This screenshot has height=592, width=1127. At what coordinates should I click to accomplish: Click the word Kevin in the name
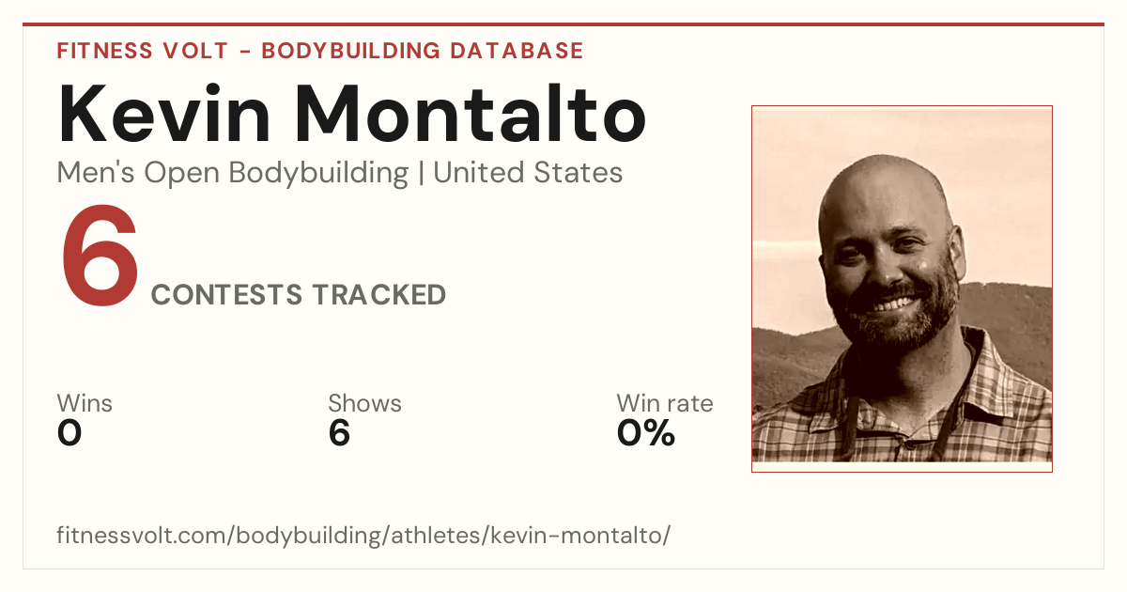point(164,115)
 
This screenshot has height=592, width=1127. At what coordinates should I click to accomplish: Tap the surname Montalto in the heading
point(471,114)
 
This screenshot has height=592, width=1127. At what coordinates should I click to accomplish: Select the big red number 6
point(100,256)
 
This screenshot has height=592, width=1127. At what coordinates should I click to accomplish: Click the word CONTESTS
point(226,294)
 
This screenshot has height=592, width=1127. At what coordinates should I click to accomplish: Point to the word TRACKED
point(378,294)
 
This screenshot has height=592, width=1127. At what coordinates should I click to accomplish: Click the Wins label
point(85,403)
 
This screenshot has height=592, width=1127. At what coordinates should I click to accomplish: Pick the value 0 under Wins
point(69,433)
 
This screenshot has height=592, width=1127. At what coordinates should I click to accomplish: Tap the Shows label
point(364,403)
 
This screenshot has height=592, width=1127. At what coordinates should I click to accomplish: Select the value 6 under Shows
point(339,433)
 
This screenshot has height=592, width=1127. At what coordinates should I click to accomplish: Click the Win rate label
point(665,403)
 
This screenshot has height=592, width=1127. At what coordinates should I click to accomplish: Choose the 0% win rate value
point(646,433)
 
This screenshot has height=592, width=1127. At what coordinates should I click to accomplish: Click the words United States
point(528,172)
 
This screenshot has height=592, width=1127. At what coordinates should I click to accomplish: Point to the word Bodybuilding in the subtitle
point(318,173)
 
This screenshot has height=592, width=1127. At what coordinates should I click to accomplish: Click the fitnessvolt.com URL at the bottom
point(363,535)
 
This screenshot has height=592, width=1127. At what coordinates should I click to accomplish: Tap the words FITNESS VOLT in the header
point(143,51)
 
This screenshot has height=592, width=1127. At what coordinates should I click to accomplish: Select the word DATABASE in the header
point(517,51)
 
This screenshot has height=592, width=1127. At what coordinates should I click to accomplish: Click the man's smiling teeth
point(893,304)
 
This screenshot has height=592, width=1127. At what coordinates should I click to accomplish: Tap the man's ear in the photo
point(957,252)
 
